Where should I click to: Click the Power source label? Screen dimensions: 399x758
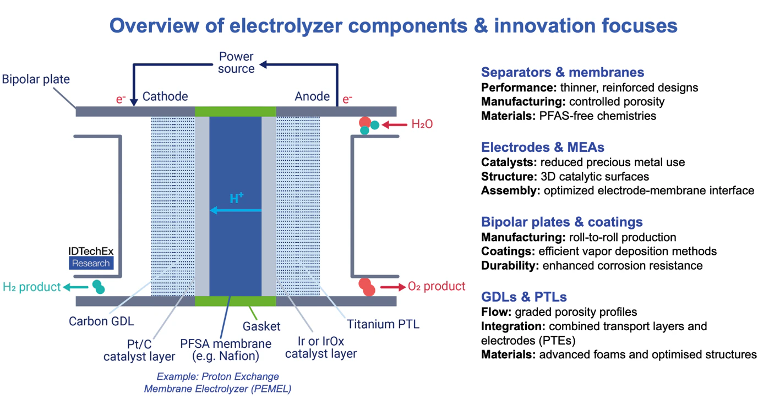236,62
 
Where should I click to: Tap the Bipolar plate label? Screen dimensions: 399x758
36,79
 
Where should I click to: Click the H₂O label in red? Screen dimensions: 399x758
422,124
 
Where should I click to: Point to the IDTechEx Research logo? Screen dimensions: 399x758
91,258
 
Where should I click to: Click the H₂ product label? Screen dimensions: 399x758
31,287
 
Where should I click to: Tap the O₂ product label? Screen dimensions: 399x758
437,286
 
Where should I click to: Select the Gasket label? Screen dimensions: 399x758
261,326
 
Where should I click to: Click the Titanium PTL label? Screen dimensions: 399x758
383,324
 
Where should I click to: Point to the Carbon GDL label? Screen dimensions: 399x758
101,321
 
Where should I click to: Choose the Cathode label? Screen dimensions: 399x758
165,96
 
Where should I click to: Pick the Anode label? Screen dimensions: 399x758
312,96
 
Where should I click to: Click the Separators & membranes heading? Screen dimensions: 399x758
562,72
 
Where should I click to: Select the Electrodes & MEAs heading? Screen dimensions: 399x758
542,147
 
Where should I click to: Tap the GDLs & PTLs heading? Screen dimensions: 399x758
523,297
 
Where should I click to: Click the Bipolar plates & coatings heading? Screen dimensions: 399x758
561,222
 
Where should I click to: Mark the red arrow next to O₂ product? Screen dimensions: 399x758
391,287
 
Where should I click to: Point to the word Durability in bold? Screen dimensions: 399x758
510,266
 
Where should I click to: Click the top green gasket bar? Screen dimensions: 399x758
235,112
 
